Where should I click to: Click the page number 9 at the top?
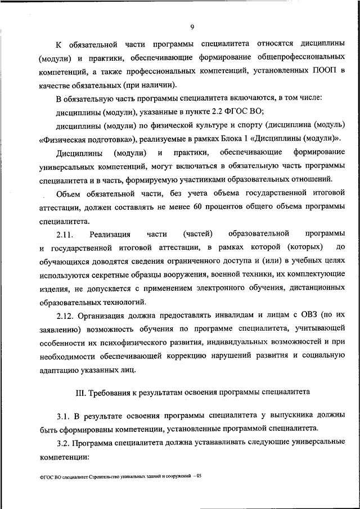(x=192, y=26)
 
